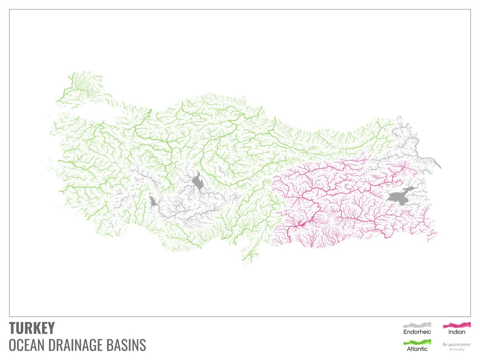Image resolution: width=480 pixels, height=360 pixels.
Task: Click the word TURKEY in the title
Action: click(32, 328)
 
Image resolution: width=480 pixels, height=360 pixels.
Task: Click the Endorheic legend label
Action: click(417, 332)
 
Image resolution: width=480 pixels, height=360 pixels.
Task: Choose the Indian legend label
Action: click(456, 332)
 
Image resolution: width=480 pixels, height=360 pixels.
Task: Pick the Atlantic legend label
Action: click(417, 349)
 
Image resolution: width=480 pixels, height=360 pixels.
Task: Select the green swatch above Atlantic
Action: click(417, 342)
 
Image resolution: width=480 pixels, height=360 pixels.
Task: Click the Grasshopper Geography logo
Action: click(456, 346)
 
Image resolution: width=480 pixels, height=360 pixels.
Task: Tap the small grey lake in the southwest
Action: click(152, 201)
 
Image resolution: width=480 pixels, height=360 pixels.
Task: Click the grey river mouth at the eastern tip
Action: click(439, 166)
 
